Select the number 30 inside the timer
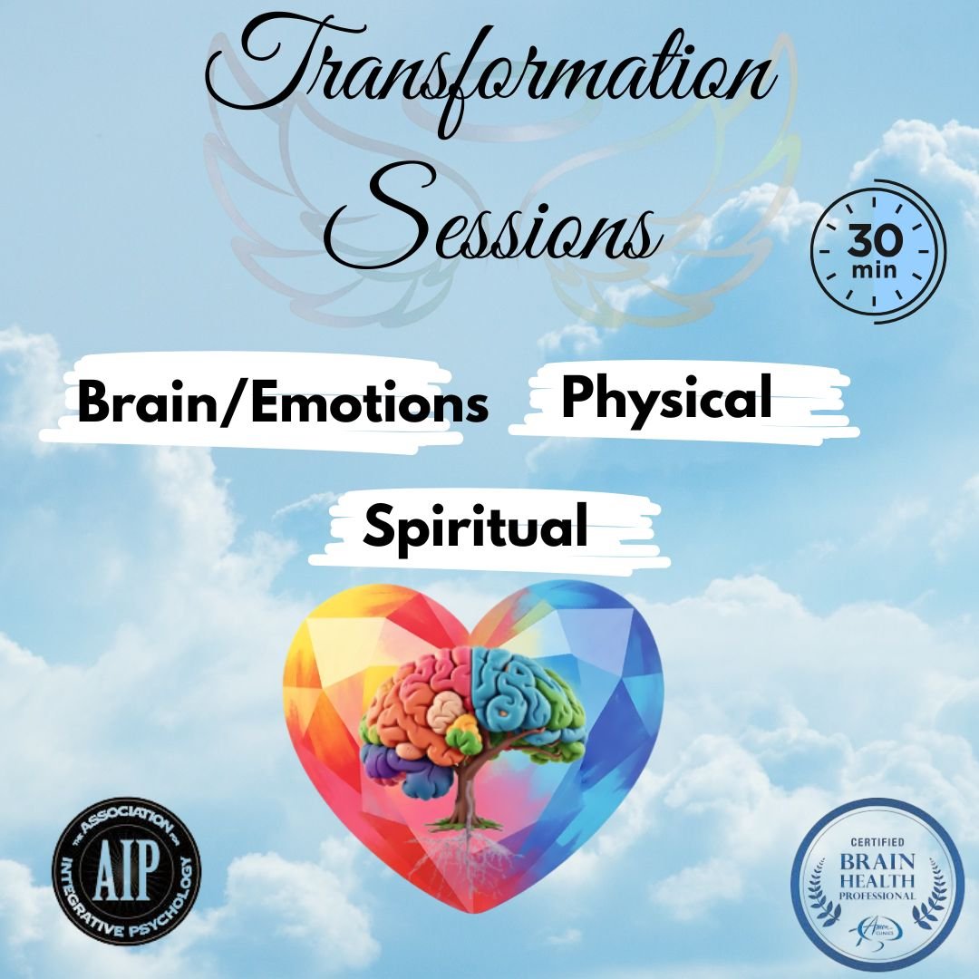point(876,242)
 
